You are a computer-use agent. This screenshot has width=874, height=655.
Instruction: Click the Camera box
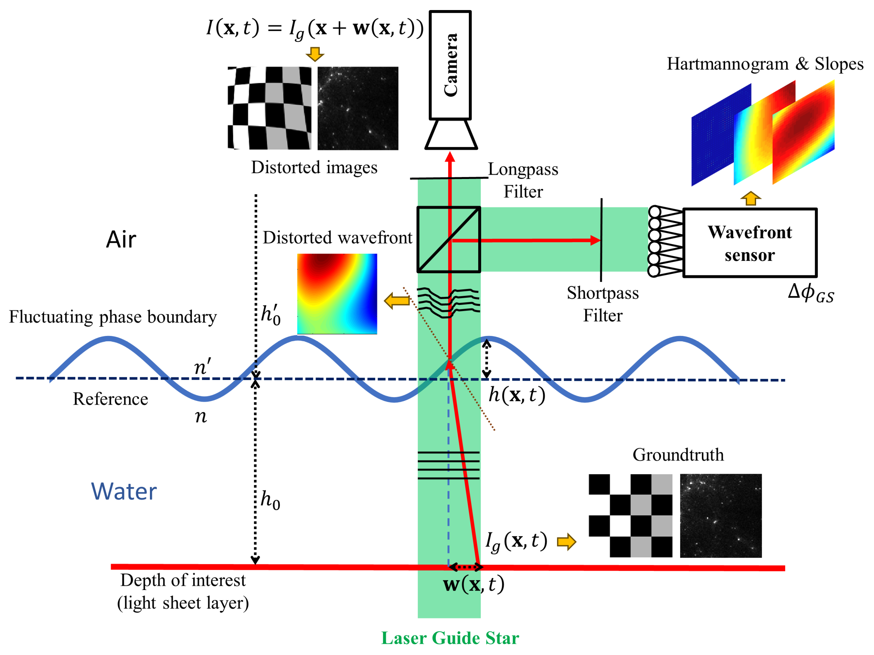450,65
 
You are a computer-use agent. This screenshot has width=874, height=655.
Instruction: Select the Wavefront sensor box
750,243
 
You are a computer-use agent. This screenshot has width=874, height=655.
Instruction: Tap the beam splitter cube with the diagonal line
449,240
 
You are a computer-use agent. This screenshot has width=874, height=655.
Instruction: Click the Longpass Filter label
523,180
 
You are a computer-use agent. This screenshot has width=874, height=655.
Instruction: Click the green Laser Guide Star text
450,638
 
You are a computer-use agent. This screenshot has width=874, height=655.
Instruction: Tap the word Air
121,240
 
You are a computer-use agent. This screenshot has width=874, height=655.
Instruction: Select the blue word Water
124,492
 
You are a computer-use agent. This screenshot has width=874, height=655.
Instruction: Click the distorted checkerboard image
269,108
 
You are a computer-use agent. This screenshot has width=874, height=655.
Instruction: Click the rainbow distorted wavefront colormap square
337,294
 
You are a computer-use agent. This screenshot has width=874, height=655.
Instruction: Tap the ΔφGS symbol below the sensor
810,293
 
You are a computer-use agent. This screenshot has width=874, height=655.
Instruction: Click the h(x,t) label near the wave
516,395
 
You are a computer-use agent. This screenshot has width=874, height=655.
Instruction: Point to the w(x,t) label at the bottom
473,585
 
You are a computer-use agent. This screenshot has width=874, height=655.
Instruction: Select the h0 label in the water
271,500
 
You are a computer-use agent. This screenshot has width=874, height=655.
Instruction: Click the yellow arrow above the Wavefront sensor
750,198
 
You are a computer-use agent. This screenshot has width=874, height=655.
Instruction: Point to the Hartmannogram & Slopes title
765,64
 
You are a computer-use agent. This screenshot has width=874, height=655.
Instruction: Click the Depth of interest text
183,580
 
